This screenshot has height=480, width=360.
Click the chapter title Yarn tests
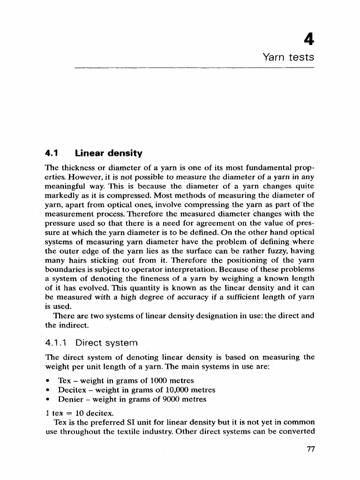288,58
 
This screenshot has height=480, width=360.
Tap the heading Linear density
108,153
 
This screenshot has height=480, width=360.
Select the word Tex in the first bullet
63,381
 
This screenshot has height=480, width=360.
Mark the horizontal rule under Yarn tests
194,67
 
